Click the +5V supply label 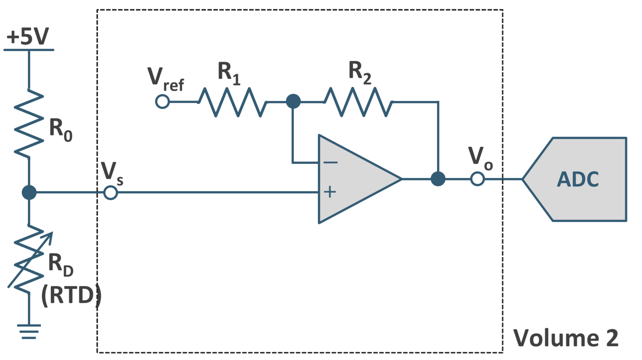click(x=28, y=37)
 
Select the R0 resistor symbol click(x=29, y=123)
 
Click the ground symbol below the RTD click(x=29, y=331)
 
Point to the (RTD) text click(x=71, y=296)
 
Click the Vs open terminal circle click(x=111, y=193)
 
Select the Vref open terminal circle click(x=162, y=101)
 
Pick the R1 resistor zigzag click(x=232, y=102)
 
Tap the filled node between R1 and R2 click(x=293, y=101)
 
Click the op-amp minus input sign click(x=330, y=162)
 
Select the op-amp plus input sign click(x=330, y=192)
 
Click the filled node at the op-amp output click(x=438, y=179)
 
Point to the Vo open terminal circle click(x=477, y=179)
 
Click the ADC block click(x=577, y=179)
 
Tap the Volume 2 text click(x=566, y=338)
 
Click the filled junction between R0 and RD click(x=29, y=193)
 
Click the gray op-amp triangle click(x=354, y=179)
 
